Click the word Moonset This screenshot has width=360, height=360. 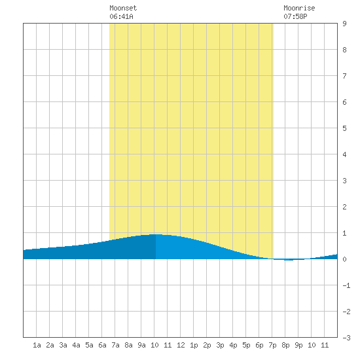click(123, 8)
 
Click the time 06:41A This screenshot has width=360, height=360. click(121, 16)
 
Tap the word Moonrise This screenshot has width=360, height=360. click(299, 8)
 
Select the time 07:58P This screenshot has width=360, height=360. click(295, 16)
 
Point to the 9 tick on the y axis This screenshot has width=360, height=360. click(344, 24)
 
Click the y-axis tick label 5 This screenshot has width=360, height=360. click(344, 128)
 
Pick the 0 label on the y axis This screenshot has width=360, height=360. click(344, 259)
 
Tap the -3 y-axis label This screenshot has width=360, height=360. click(346, 338)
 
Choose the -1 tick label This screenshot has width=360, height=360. click(346, 285)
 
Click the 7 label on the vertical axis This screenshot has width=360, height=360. click(344, 76)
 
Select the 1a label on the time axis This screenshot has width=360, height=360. click(37, 345)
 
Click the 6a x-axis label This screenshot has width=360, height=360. click(102, 345)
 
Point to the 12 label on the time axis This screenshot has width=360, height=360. click(181, 345)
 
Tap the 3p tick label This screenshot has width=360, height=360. click(220, 345)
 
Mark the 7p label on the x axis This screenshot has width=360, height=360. click(272, 345)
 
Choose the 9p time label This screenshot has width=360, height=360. click(298, 345)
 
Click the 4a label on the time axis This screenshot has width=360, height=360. click(76, 345)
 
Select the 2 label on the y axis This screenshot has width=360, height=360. click(344, 207)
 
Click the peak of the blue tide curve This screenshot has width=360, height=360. click(156, 234)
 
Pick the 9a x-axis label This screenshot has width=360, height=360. click(141, 345)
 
